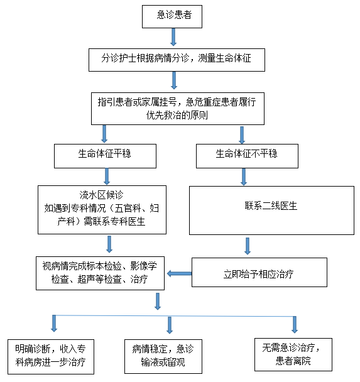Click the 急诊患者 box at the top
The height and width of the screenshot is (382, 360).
(x=172, y=16)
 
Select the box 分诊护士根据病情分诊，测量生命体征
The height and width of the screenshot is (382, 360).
(x=177, y=60)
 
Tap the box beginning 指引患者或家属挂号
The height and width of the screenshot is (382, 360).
(x=178, y=109)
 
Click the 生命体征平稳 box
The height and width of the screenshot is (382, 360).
(x=105, y=156)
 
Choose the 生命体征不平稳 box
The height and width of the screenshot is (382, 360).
(x=247, y=156)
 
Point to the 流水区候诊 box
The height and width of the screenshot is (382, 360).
(x=102, y=210)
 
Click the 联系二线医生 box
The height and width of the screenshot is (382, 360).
(x=271, y=210)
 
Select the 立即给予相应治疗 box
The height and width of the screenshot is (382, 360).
(x=259, y=273)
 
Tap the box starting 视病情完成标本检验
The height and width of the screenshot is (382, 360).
(x=100, y=273)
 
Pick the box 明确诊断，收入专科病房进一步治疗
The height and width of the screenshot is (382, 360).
(x=51, y=357)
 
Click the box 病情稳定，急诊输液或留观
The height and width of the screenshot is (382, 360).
(x=163, y=356)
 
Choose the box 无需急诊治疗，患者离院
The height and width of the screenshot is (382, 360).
(x=293, y=355)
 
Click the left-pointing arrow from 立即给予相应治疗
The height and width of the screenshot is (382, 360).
(x=179, y=273)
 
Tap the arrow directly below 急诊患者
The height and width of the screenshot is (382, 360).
(x=173, y=37)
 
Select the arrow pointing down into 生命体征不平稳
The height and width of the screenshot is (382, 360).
(x=242, y=135)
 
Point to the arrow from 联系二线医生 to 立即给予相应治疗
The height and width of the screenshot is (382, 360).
(x=248, y=246)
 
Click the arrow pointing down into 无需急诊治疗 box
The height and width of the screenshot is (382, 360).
(x=295, y=324)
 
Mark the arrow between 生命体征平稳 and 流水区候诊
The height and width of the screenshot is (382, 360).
(x=107, y=177)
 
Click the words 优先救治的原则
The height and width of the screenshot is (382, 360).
(x=177, y=115)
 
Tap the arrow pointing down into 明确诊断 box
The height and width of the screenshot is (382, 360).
(x=54, y=324)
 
